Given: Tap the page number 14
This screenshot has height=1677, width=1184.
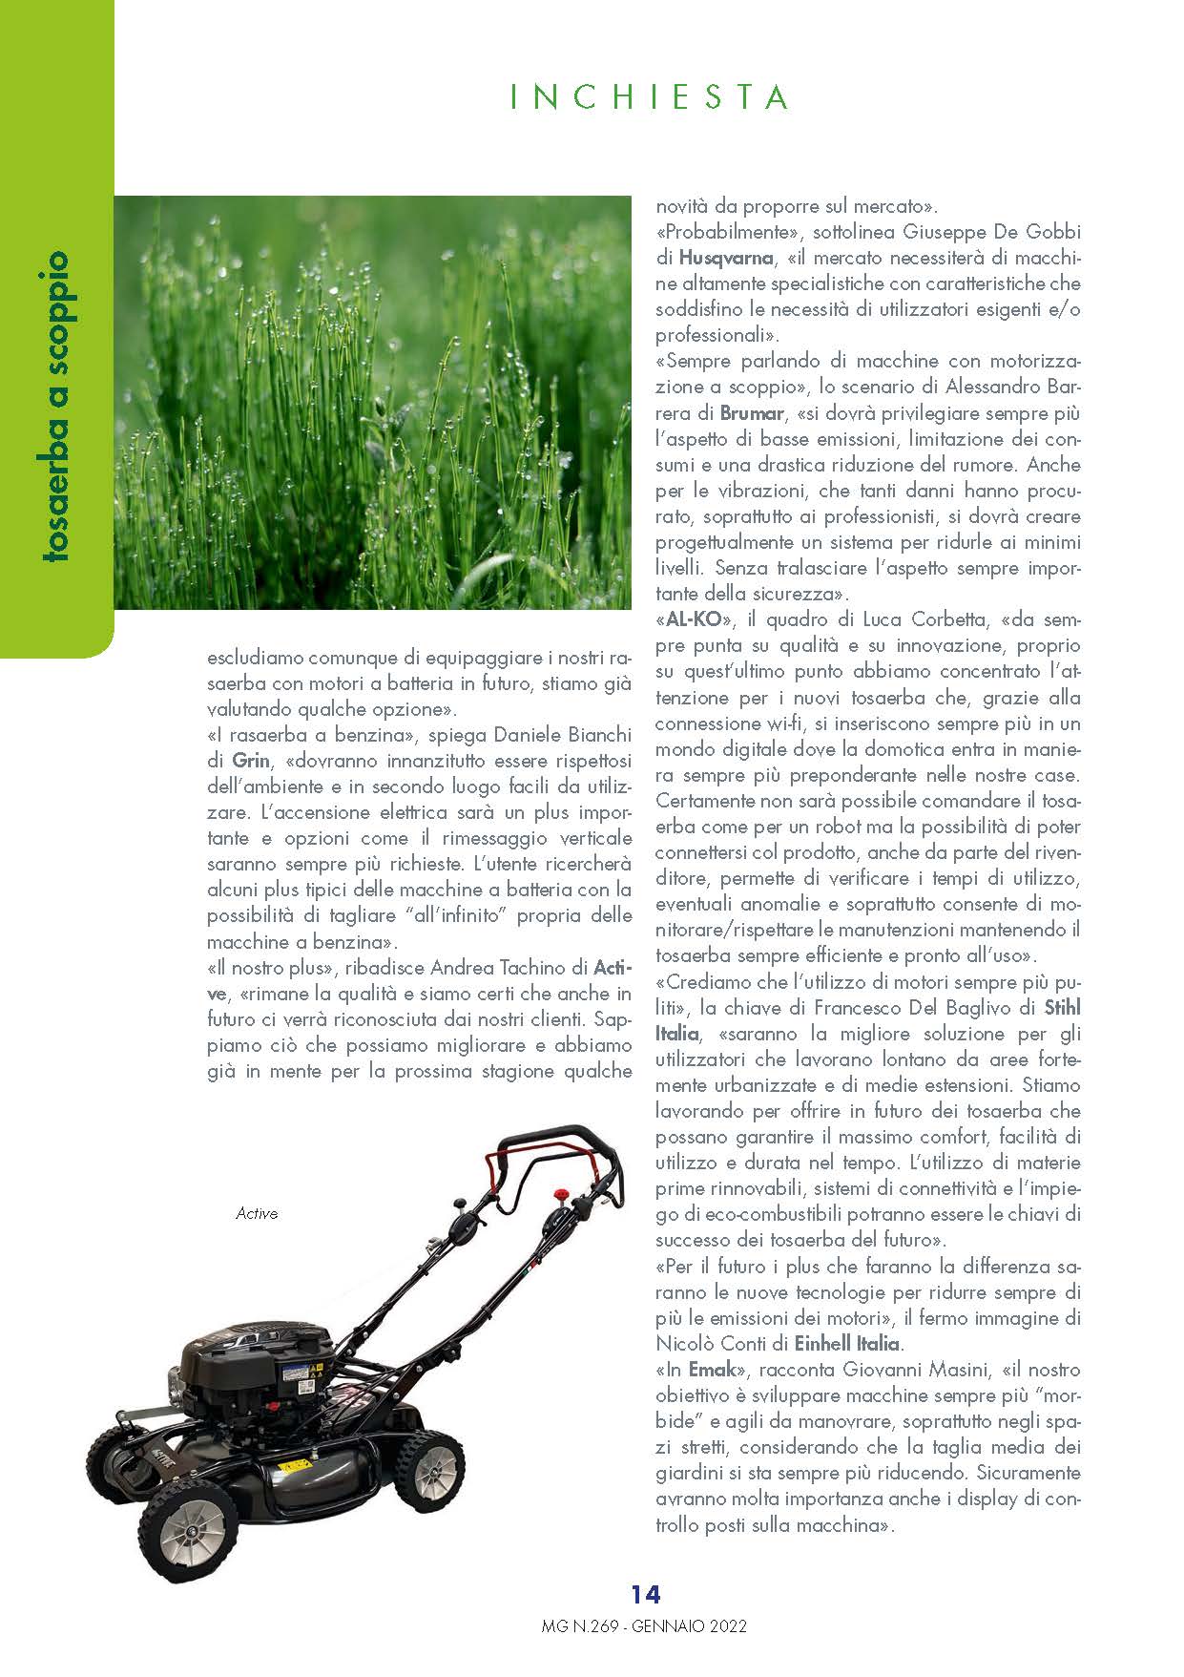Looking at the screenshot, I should tap(645, 1593).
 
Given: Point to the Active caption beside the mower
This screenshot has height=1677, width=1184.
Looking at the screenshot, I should tap(257, 1213).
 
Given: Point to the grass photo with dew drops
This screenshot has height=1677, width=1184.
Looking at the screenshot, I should tap(372, 402).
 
